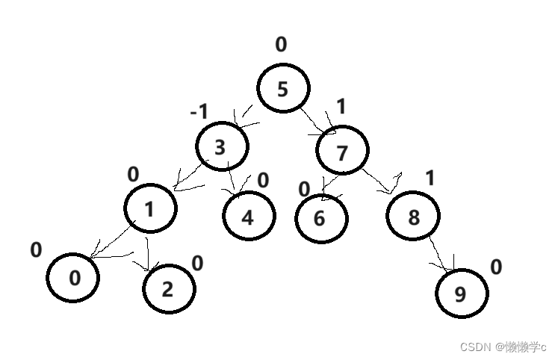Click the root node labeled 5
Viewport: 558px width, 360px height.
pos(283,89)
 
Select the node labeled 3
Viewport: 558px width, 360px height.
pos(222,147)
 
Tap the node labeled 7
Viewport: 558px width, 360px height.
pos(342,152)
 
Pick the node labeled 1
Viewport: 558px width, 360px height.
pos(150,208)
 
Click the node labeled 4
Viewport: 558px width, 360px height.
pos(249,217)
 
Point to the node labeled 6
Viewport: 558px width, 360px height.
pos(321,219)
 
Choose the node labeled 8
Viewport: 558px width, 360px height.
pos(413,217)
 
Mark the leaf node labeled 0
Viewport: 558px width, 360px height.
pos(73,278)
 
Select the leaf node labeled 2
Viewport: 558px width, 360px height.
pos(168,288)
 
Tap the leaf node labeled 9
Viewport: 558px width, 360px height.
pos(461,294)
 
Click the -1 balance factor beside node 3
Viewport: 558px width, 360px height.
pos(199,113)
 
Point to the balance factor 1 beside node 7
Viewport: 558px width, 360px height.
pos(341,107)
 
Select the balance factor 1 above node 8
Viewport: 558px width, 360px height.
pos(430,178)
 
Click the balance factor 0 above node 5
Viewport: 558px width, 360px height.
pos(281,45)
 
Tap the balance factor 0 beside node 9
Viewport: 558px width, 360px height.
pos(496,267)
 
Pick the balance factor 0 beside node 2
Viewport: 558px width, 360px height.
pos(197,263)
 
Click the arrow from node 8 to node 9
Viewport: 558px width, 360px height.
pos(441,254)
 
